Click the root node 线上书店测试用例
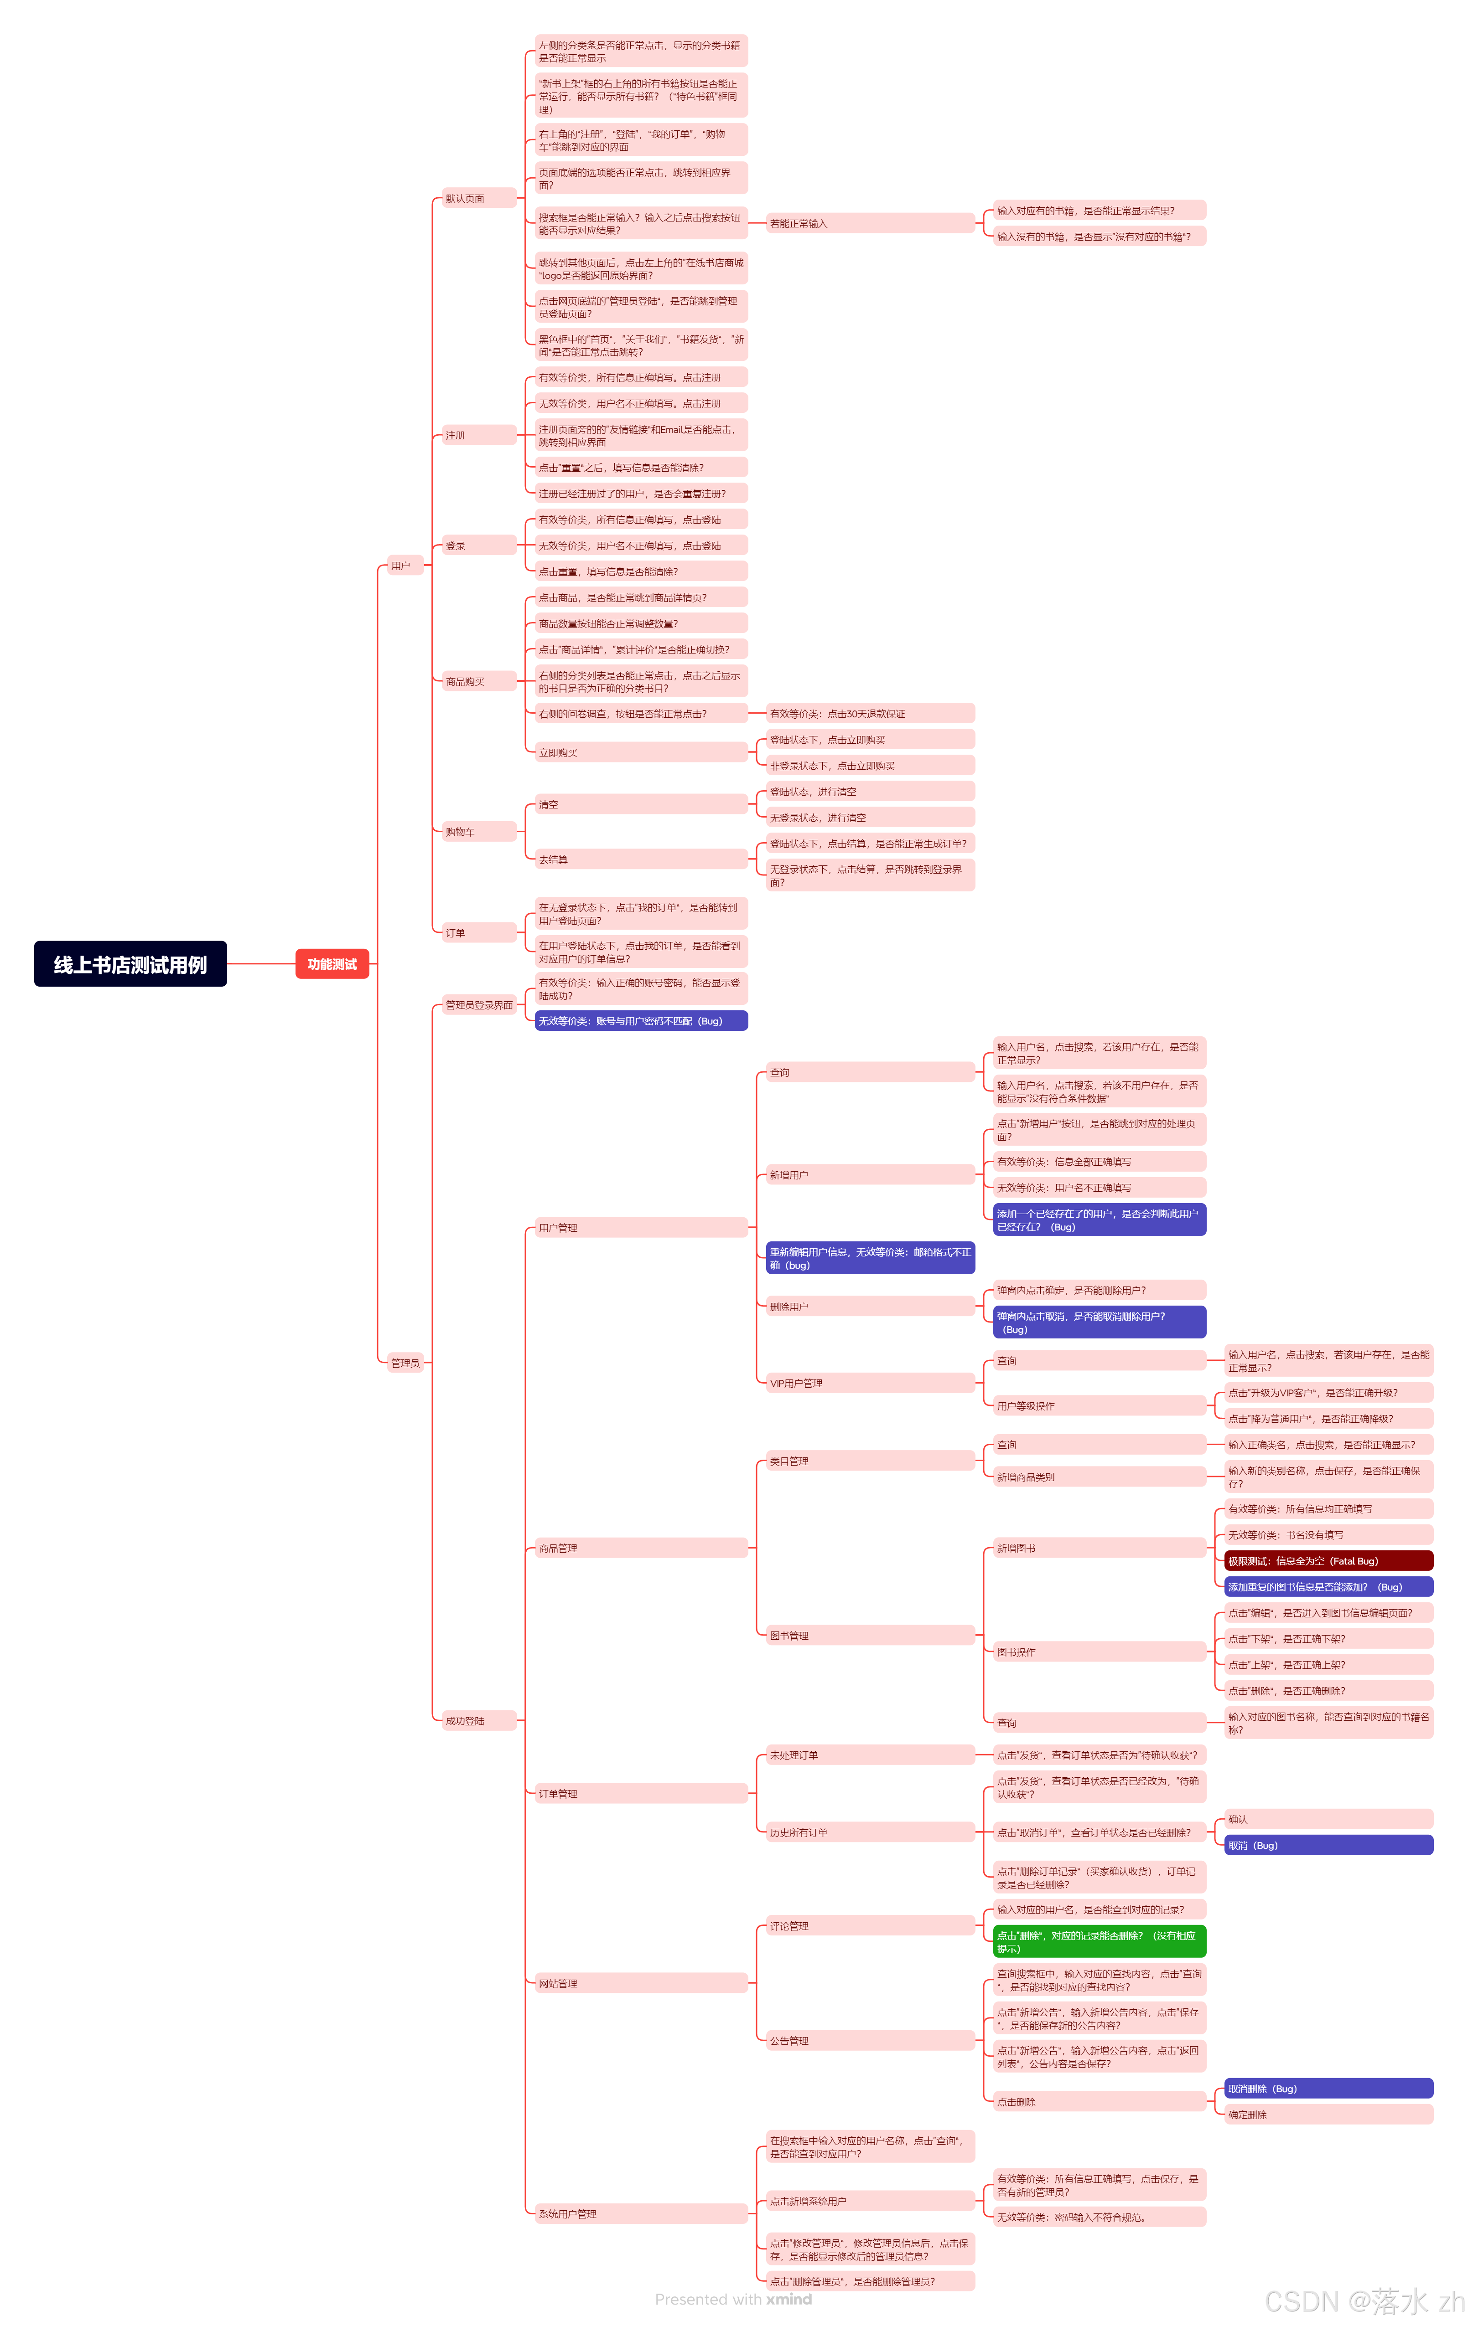pyautogui.click(x=130, y=964)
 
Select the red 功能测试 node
pyautogui.click(x=332, y=964)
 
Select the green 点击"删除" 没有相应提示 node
pyautogui.click(x=1099, y=1941)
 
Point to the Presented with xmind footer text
pyautogui.click(x=732, y=2299)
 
